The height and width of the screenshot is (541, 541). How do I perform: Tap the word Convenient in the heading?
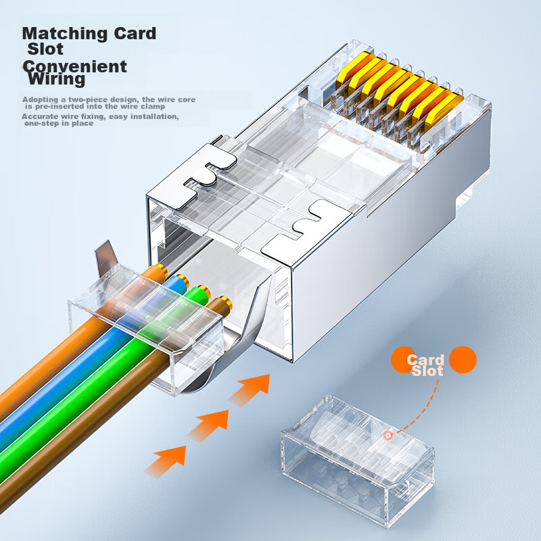pyautogui.click(x=75, y=66)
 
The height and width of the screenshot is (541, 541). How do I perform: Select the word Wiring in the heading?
pyautogui.click(x=56, y=78)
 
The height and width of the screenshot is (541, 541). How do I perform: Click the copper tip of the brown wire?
pyautogui.click(x=226, y=302)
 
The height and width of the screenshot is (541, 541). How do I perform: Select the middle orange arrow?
pyautogui.click(x=210, y=425)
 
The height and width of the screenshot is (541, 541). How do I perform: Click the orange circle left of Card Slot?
pyautogui.click(x=400, y=360)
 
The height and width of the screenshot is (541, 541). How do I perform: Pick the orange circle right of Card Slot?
pyautogui.click(x=463, y=360)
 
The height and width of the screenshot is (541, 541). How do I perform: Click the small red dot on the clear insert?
pyautogui.click(x=388, y=436)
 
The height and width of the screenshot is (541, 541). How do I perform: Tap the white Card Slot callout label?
pyautogui.click(x=426, y=366)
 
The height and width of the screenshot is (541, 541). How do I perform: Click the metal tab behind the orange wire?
pyautogui.click(x=106, y=258)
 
